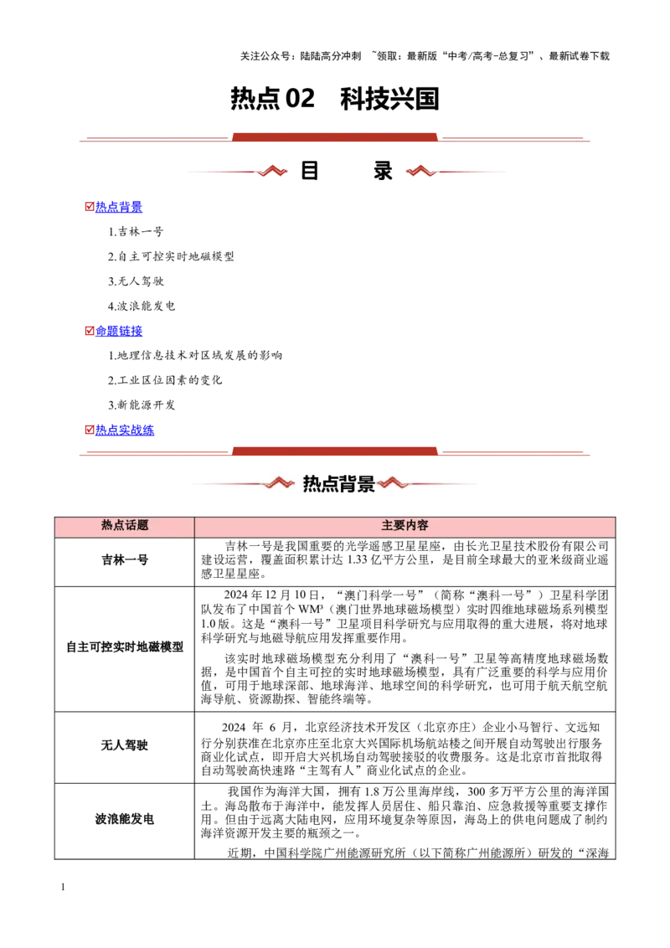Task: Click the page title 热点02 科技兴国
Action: coord(334,99)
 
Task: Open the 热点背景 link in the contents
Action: coord(119,207)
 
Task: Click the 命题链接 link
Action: coord(119,331)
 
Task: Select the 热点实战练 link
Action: coord(125,430)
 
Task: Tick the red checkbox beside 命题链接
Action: coord(90,331)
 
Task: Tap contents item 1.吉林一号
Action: coord(136,232)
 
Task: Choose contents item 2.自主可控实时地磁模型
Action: coord(171,256)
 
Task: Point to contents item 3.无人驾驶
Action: coord(136,281)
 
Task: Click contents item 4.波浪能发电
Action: coord(142,306)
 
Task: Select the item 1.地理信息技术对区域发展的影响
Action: coord(194,355)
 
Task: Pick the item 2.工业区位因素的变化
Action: coord(165,380)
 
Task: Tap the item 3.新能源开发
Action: coord(142,405)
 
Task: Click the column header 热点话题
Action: coord(125,525)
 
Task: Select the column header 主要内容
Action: coord(405,525)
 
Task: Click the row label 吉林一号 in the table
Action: coord(125,560)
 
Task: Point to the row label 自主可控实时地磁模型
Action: coord(125,647)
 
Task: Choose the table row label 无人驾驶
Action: coord(125,745)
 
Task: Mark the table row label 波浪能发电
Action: coord(125,819)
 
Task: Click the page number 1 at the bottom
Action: coord(63,887)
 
